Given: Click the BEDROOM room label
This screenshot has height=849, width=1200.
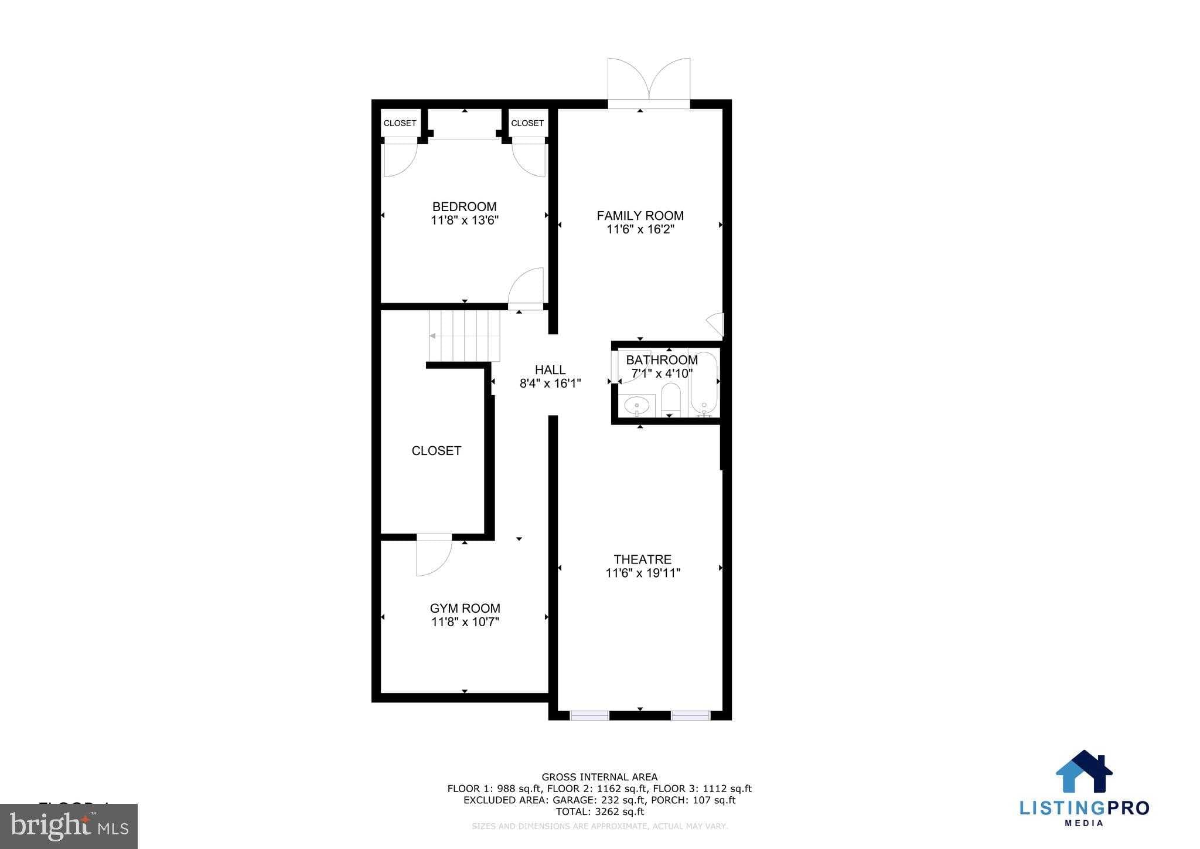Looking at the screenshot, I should [464, 207].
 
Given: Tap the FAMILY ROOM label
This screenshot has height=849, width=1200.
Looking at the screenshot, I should [640, 216].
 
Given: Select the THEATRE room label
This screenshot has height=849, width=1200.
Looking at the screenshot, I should [642, 559].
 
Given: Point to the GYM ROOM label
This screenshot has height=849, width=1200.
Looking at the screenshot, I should [465, 609].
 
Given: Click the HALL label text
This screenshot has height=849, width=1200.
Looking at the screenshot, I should [550, 370].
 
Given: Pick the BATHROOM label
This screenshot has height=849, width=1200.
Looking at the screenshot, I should [662, 360].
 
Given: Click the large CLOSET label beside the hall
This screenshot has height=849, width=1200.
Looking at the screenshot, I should [436, 451].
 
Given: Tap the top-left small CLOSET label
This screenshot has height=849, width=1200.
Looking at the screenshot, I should [400, 123].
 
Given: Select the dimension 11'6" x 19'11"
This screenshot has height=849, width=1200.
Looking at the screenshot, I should [642, 573].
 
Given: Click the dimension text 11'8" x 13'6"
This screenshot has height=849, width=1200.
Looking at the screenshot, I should [464, 221].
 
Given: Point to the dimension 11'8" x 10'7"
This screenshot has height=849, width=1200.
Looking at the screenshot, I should [465, 622].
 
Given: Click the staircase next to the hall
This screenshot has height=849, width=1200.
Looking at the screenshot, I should [464, 336].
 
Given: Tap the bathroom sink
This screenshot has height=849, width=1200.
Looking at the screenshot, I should [636, 405].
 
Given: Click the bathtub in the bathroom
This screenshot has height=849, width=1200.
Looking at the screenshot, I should [703, 384].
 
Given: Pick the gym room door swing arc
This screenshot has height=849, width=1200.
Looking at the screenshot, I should [434, 558].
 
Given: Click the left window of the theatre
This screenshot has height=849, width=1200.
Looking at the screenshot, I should [589, 715].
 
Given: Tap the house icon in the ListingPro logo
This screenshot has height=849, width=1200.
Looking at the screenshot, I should [1083, 771].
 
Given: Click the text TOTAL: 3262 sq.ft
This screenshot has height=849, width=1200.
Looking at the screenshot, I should [599, 812].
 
